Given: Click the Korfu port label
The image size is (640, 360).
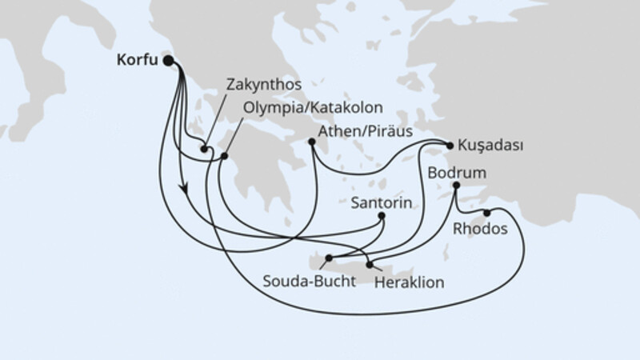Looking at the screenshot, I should click(138, 59).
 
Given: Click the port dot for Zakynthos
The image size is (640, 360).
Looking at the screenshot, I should click(205, 149).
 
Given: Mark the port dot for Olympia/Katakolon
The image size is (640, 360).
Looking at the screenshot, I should click(225, 157).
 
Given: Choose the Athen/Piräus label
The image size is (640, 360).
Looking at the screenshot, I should click(363, 130).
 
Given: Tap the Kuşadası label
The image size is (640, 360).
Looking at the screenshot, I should click(490, 146).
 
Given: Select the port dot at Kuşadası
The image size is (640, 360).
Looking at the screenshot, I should click(450, 146).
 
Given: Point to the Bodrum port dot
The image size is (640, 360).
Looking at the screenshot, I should click(457, 186).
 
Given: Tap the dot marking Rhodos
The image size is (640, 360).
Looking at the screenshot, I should click(486, 213).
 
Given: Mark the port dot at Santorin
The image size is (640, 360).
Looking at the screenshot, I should click(382, 216).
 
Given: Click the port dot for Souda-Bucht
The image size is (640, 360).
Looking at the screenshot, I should click(329, 258).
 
